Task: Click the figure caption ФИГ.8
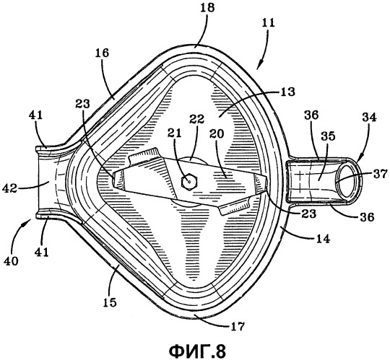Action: click(197, 351)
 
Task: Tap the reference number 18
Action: click(207, 8)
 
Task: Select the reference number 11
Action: click(268, 23)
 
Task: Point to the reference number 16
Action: click(103, 52)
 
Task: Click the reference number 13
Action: click(287, 92)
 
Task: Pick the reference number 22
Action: click(196, 119)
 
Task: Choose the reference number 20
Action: click(217, 133)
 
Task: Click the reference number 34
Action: click(369, 117)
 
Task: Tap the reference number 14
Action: click(322, 239)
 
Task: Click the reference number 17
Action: click(238, 325)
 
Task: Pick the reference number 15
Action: click(109, 302)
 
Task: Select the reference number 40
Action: click(11, 260)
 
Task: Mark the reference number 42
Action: click(9, 189)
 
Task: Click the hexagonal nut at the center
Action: click(189, 182)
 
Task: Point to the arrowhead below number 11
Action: click(259, 65)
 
